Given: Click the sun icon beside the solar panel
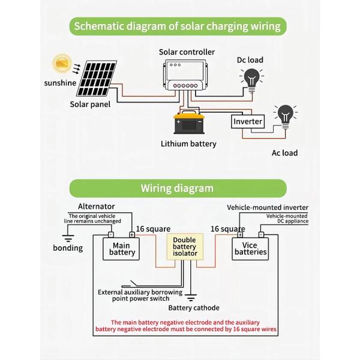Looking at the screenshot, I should click(61, 63).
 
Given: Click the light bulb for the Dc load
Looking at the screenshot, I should click(251, 78).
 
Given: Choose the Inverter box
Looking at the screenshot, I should click(248, 121).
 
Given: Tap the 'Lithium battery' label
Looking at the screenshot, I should click(188, 144).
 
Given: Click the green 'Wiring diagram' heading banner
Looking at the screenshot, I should click(177, 188).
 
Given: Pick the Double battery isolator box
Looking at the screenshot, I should click(184, 247).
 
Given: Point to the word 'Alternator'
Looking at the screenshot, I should click(96, 206).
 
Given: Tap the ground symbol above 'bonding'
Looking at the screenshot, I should click(68, 238).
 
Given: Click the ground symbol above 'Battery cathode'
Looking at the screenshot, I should click(191, 296).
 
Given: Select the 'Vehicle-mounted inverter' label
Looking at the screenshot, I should click(267, 208).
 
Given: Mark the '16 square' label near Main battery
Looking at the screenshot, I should click(153, 229).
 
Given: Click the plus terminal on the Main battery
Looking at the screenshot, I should click(131, 235).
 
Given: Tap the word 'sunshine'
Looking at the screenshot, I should click(60, 83).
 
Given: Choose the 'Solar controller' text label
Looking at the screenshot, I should click(187, 52).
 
